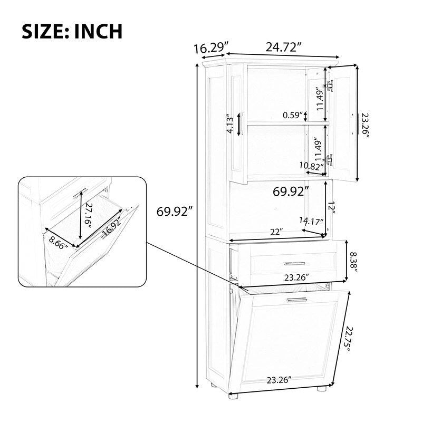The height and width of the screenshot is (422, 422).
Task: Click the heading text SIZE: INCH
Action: tap(72, 31)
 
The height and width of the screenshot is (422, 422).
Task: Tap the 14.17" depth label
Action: tap(310, 220)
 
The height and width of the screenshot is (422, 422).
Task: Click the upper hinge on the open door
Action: tap(330, 85)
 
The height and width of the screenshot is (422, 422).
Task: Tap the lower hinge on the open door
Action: tap(331, 159)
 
